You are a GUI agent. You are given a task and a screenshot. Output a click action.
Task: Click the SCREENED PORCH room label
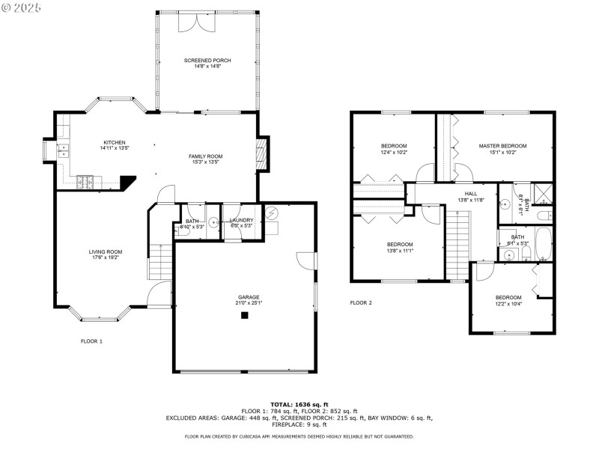click(207, 60)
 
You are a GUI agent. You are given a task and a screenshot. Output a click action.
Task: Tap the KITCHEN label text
click(115, 142)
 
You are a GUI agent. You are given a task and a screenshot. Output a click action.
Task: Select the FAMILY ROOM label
click(205, 156)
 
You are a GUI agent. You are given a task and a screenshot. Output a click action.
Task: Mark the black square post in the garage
click(244, 316)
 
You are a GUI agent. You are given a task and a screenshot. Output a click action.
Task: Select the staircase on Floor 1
click(160, 261)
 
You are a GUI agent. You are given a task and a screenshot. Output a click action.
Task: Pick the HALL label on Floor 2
click(471, 193)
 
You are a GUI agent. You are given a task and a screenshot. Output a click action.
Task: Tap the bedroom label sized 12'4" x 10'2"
click(394, 145)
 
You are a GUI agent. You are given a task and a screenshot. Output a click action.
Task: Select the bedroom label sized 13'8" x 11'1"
click(400, 244)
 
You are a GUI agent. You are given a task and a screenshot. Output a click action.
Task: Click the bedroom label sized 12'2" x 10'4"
click(508, 297)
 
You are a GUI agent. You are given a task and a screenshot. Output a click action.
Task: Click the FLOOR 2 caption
click(361, 303)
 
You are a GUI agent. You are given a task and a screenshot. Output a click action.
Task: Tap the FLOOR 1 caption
click(91, 340)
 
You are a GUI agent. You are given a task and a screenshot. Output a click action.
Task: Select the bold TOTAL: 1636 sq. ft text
click(299, 404)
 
